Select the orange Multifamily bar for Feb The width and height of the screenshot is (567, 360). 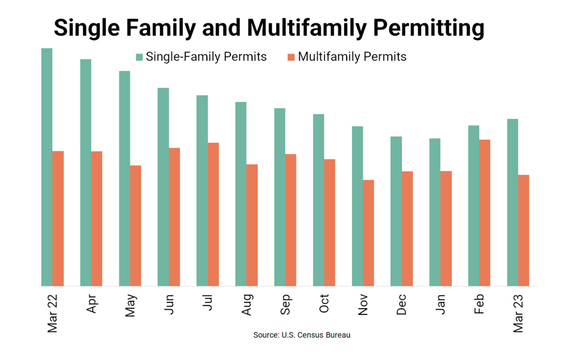(484, 213)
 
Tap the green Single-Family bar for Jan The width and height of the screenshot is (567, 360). (434, 212)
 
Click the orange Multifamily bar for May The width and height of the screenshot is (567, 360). (136, 226)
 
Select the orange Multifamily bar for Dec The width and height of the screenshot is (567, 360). (407, 229)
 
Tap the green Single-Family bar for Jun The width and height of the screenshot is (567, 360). (163, 187)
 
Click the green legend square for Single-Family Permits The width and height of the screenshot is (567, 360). (139, 57)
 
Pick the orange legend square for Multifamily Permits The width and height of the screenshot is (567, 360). (290, 57)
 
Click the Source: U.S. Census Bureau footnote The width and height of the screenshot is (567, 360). (301, 335)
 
